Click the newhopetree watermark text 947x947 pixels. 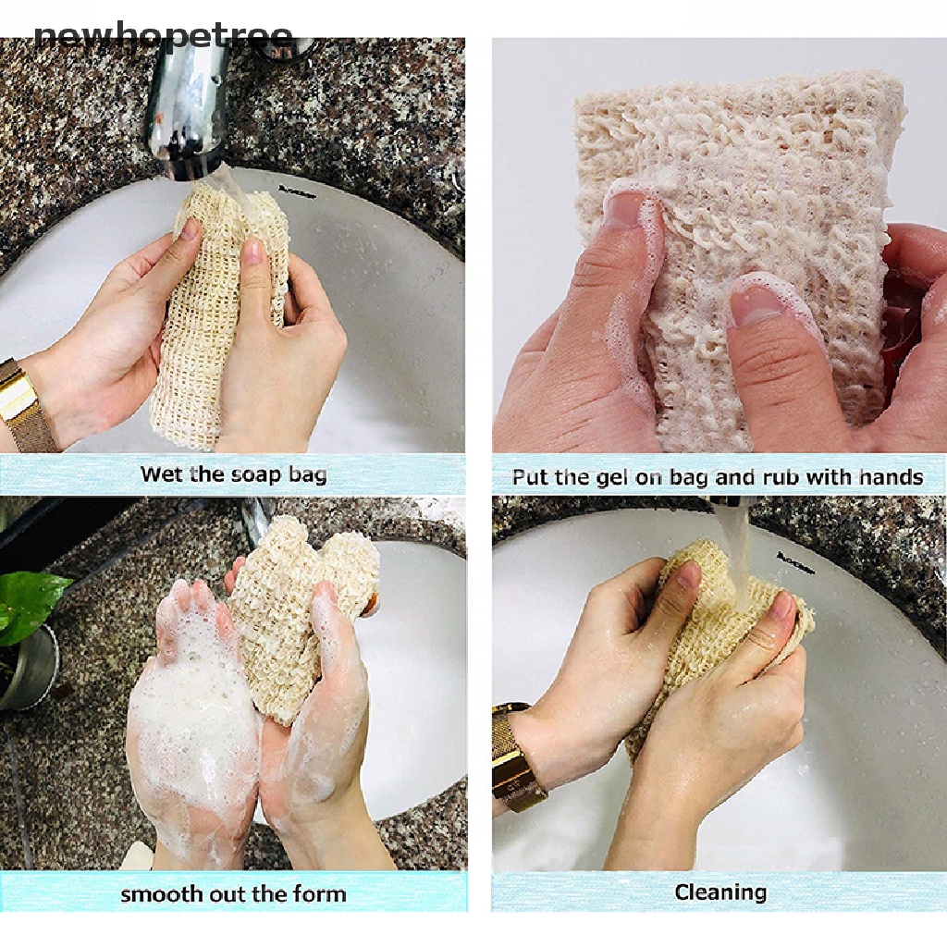click(164, 38)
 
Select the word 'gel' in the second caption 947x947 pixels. click(619, 477)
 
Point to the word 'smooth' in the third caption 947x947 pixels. click(160, 894)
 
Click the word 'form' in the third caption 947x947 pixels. click(322, 894)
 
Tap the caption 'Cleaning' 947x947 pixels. click(719, 892)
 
